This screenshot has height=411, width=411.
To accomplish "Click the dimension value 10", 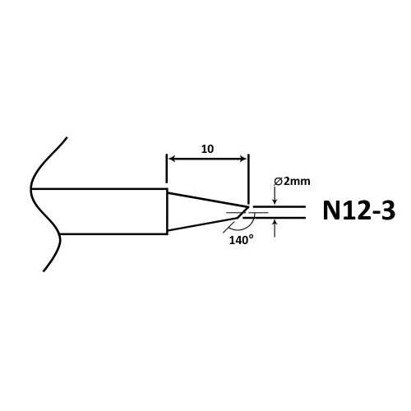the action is pyautogui.click(x=207, y=149).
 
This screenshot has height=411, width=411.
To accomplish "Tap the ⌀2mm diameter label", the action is pyautogui.click(x=292, y=181).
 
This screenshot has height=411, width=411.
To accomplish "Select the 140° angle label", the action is pyautogui.click(x=241, y=240).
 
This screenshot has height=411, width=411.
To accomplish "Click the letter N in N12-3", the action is pyautogui.click(x=332, y=210).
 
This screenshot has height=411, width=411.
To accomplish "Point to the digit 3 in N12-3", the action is pyautogui.click(x=388, y=210).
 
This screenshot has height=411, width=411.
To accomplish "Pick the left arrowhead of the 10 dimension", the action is pyautogui.click(x=172, y=159).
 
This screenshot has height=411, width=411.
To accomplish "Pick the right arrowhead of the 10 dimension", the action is pyautogui.click(x=243, y=159).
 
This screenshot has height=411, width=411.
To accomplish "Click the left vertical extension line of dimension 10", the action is pyautogui.click(x=167, y=169).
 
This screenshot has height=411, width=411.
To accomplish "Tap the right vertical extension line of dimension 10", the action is pyautogui.click(x=248, y=178).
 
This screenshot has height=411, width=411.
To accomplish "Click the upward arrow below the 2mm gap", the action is pyautogui.click(x=275, y=229).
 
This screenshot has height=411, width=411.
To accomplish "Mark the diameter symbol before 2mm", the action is pyautogui.click(x=279, y=182).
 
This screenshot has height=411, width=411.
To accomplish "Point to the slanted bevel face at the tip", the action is pyautogui.click(x=243, y=212).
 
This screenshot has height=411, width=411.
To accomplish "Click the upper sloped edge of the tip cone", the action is pyautogui.click(x=208, y=200).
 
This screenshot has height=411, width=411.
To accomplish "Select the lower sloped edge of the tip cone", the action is pyautogui.click(x=203, y=224).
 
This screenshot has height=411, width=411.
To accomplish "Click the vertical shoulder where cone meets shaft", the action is pyautogui.click(x=167, y=211).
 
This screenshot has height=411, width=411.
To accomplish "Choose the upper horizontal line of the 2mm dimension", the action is pyautogui.click(x=279, y=206).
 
